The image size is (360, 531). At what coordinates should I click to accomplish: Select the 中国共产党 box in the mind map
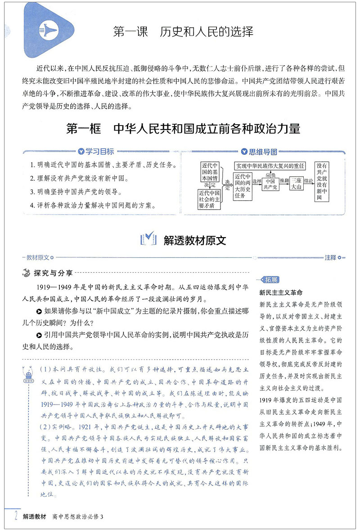[x=270, y=184]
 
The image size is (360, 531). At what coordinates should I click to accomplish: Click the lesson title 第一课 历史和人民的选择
[x=183, y=32]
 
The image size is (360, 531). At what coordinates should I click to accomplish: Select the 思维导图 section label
[x=261, y=152]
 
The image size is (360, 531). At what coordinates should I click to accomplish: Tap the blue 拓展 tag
[x=272, y=279]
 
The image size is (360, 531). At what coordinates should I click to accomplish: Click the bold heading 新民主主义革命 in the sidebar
[x=281, y=292]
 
